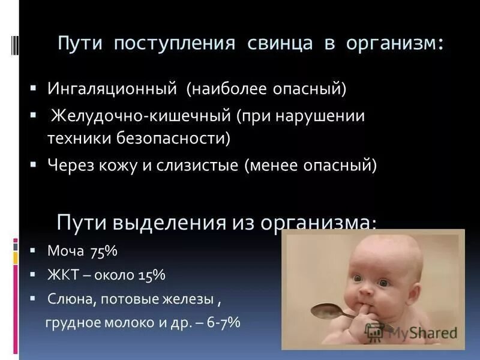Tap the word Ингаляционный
[112, 89]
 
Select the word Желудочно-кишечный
[140, 115]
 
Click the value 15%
[151, 275]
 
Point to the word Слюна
[67, 298]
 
